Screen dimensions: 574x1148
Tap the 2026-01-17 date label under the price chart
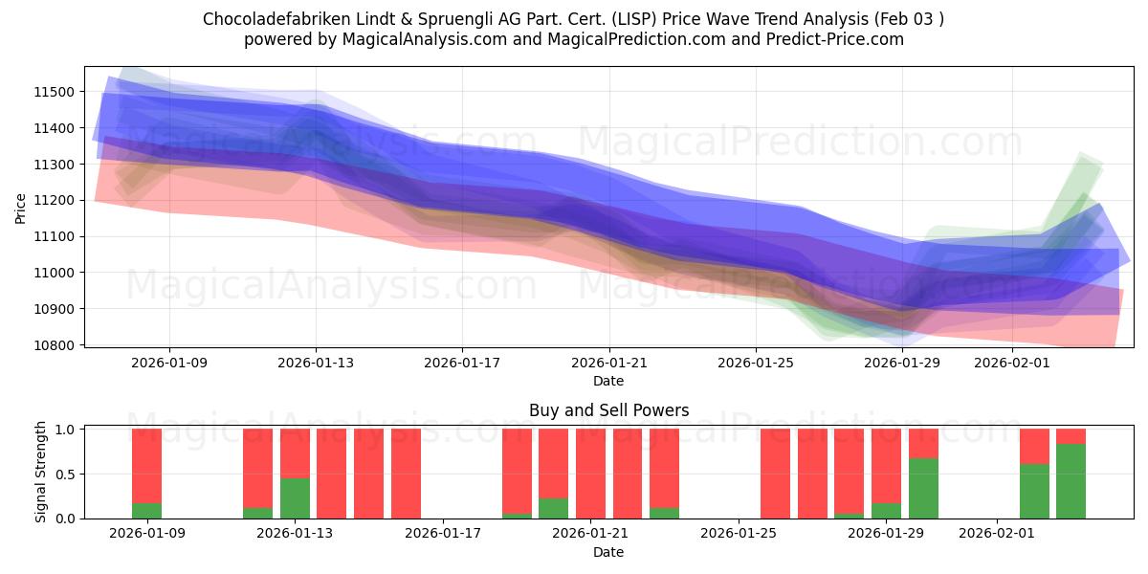(462, 363)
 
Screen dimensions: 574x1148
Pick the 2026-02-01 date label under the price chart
(1012, 363)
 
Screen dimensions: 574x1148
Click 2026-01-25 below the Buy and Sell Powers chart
(740, 534)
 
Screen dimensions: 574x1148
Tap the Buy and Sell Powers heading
(608, 410)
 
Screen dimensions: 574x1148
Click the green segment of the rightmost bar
(1071, 481)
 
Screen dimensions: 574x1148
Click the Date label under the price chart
(608, 381)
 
